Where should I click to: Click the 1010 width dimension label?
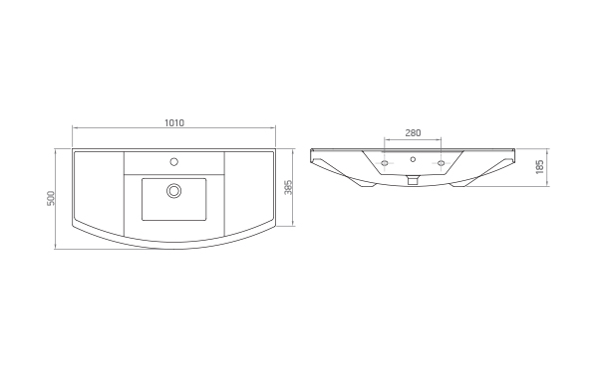click(x=174, y=122)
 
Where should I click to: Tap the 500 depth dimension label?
click(x=51, y=198)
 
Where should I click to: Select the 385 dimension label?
click(x=289, y=187)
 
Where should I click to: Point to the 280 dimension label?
click(x=413, y=132)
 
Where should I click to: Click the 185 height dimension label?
click(x=539, y=167)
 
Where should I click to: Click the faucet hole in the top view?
click(x=173, y=162)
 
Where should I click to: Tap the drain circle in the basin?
click(x=173, y=190)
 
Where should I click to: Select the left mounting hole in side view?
click(x=385, y=163)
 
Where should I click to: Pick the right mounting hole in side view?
click(x=441, y=163)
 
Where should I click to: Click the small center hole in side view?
click(x=413, y=159)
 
